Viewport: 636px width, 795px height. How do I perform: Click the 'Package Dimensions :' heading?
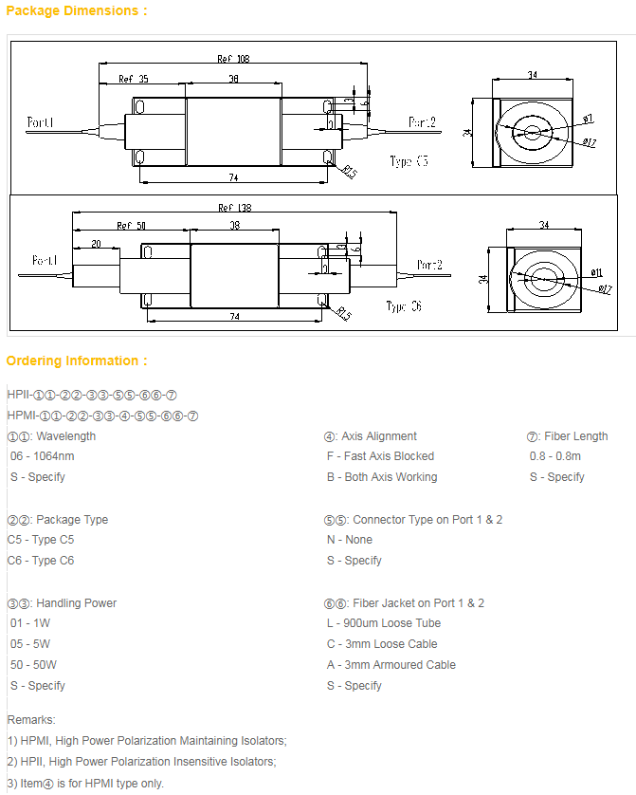coord(77,10)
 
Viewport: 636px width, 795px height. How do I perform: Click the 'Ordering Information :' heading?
coord(77,361)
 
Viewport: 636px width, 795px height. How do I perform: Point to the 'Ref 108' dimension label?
coord(233,59)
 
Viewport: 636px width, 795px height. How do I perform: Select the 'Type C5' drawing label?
coord(409,162)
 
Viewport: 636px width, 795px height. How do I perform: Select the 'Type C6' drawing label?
coord(404,306)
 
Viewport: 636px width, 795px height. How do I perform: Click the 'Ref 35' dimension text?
coord(133,79)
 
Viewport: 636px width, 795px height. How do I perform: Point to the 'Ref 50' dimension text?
coord(132,226)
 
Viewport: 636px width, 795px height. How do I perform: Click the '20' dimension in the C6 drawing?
coord(96,244)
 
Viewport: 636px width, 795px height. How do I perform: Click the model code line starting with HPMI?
coord(102,416)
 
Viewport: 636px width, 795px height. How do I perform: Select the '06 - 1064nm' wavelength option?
coord(42,456)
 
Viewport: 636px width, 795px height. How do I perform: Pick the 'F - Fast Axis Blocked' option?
coord(380,456)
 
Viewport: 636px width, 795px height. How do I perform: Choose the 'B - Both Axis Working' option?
coord(382,477)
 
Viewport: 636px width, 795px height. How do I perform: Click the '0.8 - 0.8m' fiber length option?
coord(555,456)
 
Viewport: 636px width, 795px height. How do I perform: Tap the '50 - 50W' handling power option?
coord(33,665)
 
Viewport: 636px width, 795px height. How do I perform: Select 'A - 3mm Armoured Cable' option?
coord(391,665)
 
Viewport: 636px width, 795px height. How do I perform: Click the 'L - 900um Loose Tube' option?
coord(384,623)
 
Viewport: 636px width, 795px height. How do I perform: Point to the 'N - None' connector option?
coord(350,540)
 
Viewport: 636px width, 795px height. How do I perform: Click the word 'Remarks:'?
coord(31,720)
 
